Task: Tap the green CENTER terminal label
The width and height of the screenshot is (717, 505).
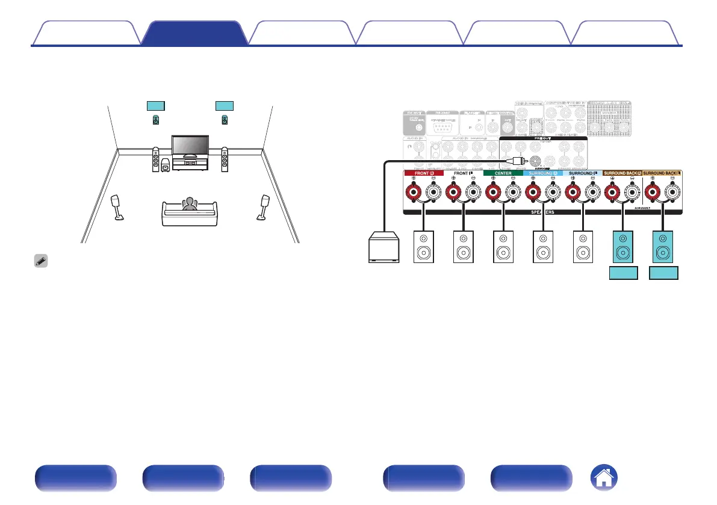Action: (502, 173)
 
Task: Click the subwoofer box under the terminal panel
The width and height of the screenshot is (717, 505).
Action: (386, 248)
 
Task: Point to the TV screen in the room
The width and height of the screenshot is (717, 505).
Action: (190, 145)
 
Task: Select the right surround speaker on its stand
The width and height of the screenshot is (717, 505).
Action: (264, 205)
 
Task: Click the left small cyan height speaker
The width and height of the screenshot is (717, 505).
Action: (156, 120)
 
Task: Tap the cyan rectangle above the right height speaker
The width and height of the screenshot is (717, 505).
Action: (224, 106)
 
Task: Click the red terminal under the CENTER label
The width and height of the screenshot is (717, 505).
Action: (493, 193)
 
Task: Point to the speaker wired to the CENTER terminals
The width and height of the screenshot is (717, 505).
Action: (502, 247)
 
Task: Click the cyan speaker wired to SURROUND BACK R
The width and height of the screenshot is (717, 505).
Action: (622, 246)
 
